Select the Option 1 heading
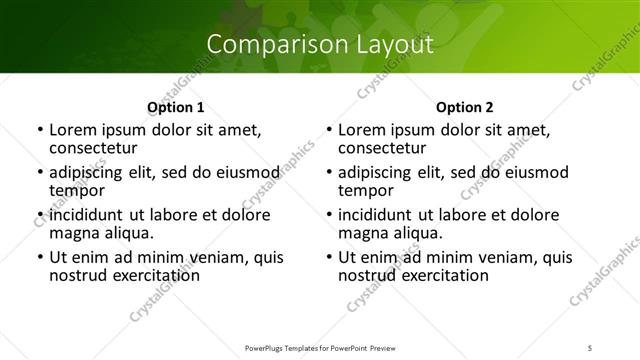175,107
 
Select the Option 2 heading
465,107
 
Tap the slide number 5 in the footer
592,348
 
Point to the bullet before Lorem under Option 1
40,130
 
